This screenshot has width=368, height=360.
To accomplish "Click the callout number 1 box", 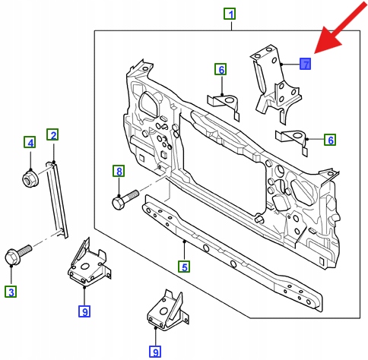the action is (x=230, y=14).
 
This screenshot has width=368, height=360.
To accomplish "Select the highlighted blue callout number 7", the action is (x=305, y=64).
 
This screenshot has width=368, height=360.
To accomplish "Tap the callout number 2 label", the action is (x=52, y=134).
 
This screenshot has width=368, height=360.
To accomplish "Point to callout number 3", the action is (x=11, y=292).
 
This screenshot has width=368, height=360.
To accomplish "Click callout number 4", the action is (x=30, y=142).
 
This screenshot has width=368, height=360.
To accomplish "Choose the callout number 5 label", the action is (x=184, y=267).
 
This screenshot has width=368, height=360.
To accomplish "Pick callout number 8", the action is (x=119, y=171).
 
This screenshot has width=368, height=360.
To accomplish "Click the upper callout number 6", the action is (x=220, y=69).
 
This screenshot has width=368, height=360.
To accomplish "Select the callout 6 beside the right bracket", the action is (x=330, y=140).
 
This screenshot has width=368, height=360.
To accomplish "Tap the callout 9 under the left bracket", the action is (x=84, y=311).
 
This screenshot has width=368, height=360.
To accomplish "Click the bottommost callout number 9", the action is (x=155, y=352).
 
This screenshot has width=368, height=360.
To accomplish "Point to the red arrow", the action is (x=341, y=28).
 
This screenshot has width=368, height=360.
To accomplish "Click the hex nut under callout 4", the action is (x=30, y=178).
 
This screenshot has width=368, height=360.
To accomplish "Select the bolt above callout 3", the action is (x=17, y=254).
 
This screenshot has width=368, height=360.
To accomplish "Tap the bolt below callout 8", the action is (x=125, y=200).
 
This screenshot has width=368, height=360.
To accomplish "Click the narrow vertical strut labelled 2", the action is (x=57, y=200).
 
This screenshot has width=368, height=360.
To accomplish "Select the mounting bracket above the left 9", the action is (x=89, y=264).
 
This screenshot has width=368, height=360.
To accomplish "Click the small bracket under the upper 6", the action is (x=224, y=104).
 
